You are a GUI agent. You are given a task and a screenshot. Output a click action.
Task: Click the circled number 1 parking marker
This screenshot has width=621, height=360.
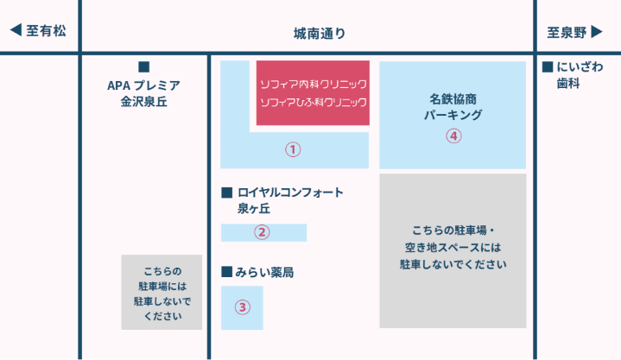[293, 149]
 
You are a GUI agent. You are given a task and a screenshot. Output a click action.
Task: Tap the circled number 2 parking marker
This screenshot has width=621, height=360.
[262, 232]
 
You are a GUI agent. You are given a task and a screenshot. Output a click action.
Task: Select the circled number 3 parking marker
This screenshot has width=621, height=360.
[243, 307]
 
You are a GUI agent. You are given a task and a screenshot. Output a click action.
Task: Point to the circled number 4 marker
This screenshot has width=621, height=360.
[453, 136]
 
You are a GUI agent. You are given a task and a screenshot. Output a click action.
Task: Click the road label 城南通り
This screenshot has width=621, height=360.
[320, 34]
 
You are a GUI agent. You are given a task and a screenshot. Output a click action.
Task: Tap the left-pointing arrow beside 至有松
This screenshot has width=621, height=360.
[16, 29]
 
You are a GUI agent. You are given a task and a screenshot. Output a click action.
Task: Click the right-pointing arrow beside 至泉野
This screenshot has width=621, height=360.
[597, 32]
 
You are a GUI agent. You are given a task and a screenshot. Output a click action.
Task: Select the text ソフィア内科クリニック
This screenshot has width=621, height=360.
[314, 84]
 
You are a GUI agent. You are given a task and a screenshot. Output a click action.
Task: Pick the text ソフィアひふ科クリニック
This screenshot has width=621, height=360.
[314, 102]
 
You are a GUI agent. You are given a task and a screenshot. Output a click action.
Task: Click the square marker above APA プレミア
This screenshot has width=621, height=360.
[143, 67]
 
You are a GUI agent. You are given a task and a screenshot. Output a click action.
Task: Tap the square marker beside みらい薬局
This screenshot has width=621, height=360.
[226, 272]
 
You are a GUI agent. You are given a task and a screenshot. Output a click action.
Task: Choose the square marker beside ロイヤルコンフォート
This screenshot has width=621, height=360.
[226, 193]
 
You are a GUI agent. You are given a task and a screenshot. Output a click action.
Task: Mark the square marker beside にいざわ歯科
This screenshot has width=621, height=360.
[548, 66]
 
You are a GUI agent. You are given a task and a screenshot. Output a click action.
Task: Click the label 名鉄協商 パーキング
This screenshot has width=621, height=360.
[453, 107]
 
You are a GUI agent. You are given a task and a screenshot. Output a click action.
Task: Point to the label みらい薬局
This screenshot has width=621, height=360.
[264, 273]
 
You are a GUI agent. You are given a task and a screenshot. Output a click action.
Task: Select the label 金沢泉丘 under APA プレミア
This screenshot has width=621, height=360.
[143, 102]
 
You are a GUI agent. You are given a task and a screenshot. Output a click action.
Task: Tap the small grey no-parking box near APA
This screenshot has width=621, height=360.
[162, 293]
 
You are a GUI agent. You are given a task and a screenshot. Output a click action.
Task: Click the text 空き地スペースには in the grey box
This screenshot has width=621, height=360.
[453, 248]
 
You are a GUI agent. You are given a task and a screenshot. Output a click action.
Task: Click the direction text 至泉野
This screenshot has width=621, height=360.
[567, 33]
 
